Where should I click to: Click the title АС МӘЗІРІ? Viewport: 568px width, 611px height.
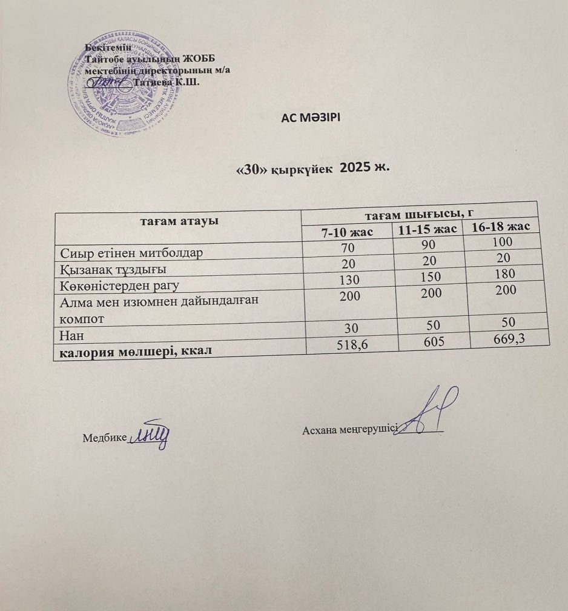pos(311,117)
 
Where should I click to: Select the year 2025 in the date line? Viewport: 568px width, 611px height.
pos(358,168)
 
